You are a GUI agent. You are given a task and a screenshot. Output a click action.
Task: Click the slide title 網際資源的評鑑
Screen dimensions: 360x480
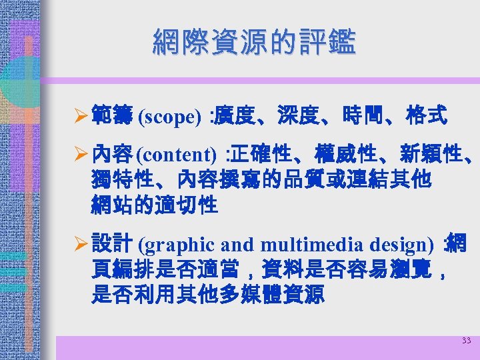tap(254, 41)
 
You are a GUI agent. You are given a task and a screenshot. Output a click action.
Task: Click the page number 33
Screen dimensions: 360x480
tap(466, 341)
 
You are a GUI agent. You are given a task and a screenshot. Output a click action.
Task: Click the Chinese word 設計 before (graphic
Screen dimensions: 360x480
tap(111, 244)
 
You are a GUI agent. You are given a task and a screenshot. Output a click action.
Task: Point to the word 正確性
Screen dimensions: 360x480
tap(264, 155)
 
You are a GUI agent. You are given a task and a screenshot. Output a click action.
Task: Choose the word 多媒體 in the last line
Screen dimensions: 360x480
tap(261, 295)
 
